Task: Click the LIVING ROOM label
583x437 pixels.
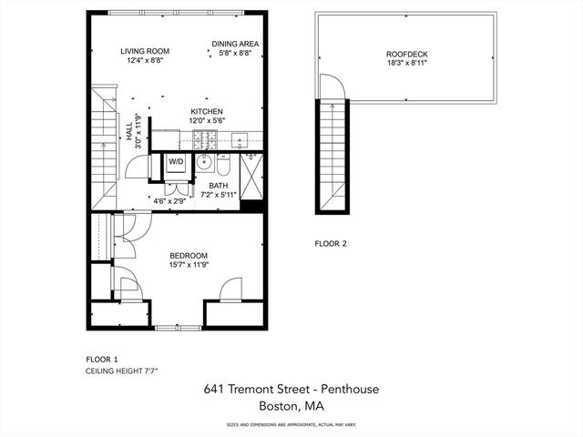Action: click(x=145, y=51)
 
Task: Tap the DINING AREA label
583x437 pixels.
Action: click(x=235, y=44)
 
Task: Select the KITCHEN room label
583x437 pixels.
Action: click(x=207, y=111)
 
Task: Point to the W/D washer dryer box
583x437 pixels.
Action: click(x=176, y=162)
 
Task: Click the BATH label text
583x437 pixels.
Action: click(x=219, y=186)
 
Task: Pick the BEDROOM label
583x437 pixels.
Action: click(x=189, y=256)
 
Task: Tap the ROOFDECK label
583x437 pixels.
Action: click(x=407, y=55)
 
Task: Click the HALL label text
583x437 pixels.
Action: click(x=129, y=131)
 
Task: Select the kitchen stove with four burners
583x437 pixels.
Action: click(x=204, y=139)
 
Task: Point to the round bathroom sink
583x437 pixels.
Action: click(x=204, y=162)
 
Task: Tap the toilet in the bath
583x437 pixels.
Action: click(x=224, y=166)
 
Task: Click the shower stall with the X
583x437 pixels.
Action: click(x=251, y=177)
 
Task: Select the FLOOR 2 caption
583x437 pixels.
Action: click(x=331, y=244)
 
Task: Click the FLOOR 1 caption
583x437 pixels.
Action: click(x=101, y=360)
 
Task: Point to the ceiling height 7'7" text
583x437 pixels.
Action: click(x=125, y=371)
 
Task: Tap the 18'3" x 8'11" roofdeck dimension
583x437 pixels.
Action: click(x=407, y=63)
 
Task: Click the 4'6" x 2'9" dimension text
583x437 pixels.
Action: click(x=169, y=201)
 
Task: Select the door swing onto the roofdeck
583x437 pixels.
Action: click(x=332, y=86)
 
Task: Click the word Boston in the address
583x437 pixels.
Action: click(x=278, y=405)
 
